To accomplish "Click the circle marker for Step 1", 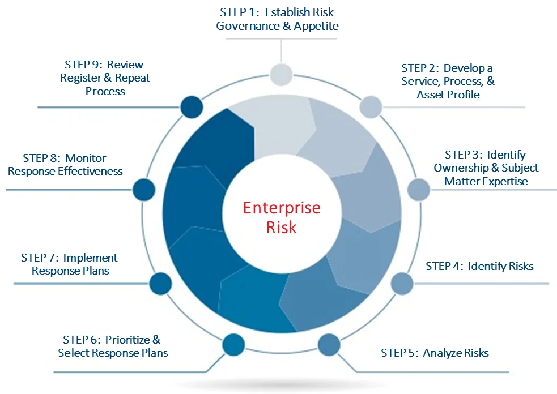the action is [x=281, y=75].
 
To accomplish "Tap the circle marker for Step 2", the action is [x=371, y=107].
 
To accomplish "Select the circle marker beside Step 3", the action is [x=419, y=190].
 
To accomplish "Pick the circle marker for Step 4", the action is [x=402, y=284].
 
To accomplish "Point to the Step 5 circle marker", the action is [x=329, y=345].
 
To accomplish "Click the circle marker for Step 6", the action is [x=233, y=345].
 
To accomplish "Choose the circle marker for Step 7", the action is [x=160, y=284].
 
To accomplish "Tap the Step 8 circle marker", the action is [x=144, y=190].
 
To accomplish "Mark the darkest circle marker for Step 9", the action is [x=192, y=107].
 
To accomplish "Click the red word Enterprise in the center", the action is [x=282, y=208].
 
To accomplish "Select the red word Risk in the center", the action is [x=282, y=228].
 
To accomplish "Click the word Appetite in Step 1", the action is [x=316, y=26].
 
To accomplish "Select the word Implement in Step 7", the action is [x=90, y=258].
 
